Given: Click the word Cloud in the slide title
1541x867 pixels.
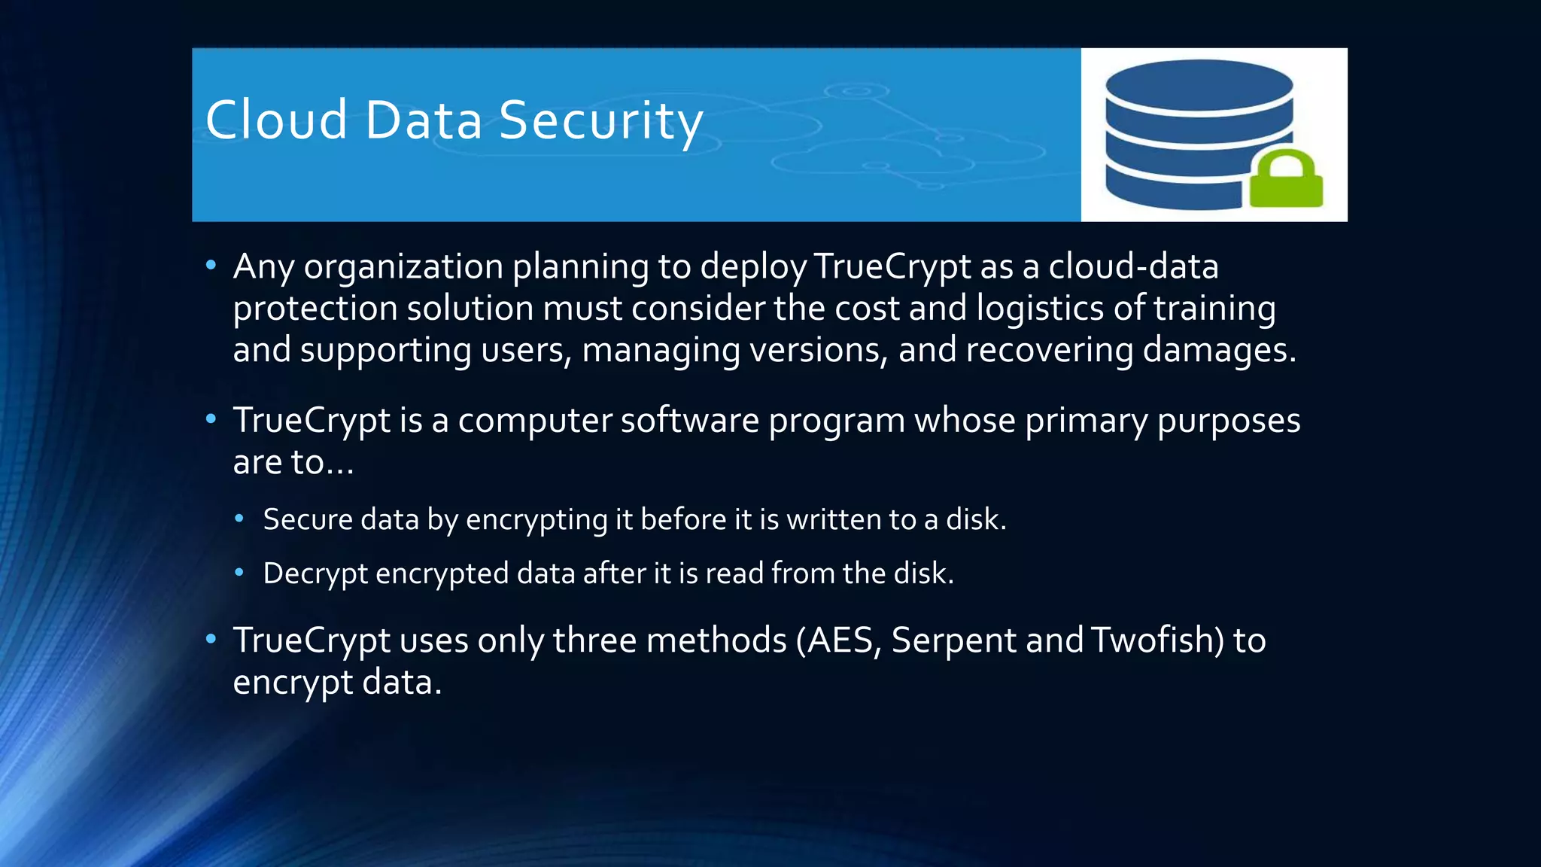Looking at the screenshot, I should pos(275,120).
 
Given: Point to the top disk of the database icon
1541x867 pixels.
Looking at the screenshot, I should pos(1199,84).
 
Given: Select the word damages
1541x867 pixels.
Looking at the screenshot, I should pos(1219,351).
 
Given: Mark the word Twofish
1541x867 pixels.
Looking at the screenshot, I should pos(1157,641).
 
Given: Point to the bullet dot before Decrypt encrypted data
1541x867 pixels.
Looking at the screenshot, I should pos(239,573).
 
